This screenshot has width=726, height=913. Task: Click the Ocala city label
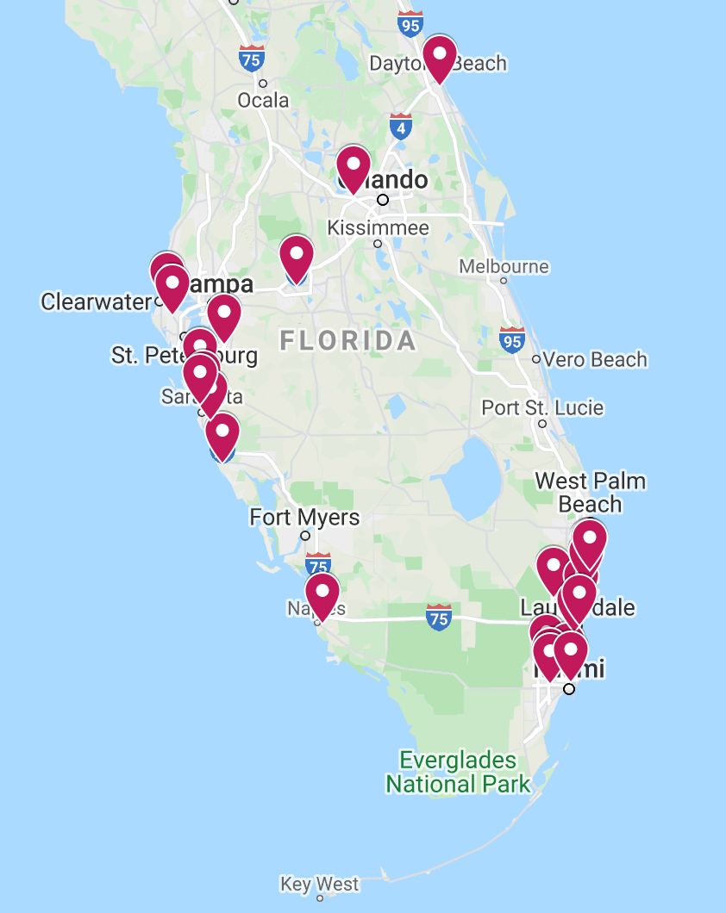(263, 101)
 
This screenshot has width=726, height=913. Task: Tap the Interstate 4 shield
(400, 127)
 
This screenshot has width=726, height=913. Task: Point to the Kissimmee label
(378, 228)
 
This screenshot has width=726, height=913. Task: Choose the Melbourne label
(504, 266)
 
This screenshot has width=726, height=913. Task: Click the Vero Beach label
(595, 359)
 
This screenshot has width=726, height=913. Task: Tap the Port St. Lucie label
(542, 407)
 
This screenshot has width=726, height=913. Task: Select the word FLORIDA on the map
(347, 341)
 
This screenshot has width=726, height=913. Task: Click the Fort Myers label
(304, 518)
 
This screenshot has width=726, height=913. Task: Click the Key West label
(319, 885)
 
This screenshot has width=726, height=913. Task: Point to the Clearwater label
(96, 301)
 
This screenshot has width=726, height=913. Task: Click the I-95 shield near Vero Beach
(512, 339)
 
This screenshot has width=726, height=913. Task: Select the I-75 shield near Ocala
(252, 58)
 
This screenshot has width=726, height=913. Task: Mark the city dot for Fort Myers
(304, 536)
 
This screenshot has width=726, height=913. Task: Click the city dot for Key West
(320, 898)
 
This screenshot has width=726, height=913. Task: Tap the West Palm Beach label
(591, 492)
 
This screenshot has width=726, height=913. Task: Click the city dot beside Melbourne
(504, 280)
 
